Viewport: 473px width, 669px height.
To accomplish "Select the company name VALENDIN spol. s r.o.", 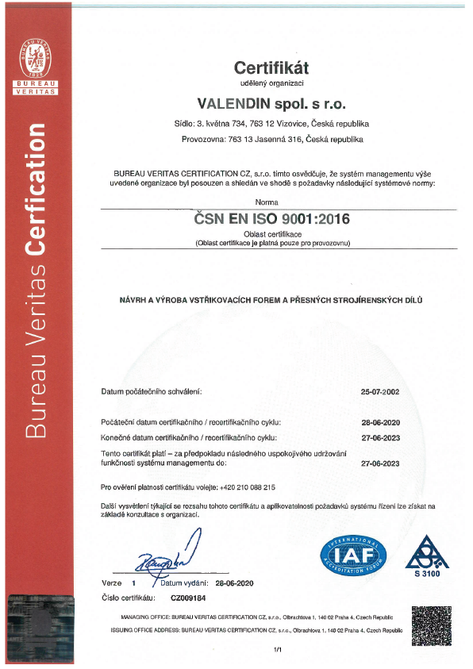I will pyautogui.click(x=271, y=103).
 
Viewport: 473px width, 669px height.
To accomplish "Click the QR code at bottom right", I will pyautogui.click(x=431, y=625).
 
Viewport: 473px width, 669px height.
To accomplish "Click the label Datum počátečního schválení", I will pyautogui.click(x=152, y=392).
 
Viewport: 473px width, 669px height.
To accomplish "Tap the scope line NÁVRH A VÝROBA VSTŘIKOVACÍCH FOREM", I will pyautogui.click(x=271, y=300).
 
